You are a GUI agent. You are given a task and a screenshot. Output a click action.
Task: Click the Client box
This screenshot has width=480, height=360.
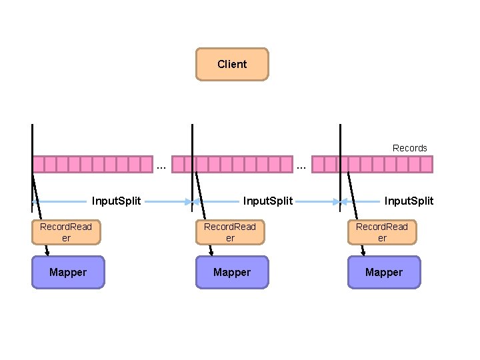pos(232,64)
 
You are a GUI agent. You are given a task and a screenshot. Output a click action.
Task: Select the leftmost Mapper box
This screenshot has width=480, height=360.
pos(68,272)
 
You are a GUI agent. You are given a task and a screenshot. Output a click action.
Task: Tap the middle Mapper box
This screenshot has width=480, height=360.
pos(232,272)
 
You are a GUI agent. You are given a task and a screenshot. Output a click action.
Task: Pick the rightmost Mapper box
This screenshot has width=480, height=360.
pos(384,272)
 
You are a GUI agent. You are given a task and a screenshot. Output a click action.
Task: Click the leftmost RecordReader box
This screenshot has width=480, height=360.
pos(66,232)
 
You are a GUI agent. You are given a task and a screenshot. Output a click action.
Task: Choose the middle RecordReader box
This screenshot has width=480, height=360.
pos(230,232)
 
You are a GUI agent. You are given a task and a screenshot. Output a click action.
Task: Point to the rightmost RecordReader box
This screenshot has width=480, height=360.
pos(382,232)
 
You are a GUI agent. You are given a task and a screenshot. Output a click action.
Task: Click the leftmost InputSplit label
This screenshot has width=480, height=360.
pos(116,201)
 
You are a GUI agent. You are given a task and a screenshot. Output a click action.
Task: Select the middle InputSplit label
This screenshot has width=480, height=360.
pos(268,201)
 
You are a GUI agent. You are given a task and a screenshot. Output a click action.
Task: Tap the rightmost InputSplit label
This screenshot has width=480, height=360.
pos(409,201)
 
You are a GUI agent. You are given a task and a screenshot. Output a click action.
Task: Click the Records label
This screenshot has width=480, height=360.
pos(409,148)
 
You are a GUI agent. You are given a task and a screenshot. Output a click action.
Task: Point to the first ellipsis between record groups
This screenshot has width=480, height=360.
pos(161,165)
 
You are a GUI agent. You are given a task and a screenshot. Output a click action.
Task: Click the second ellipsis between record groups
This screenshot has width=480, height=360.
pos(301,165)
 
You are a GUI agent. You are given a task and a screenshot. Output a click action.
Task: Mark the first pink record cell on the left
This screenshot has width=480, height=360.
pos(39,164)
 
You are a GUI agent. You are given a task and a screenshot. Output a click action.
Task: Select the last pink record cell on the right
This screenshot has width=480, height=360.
pos(427,164)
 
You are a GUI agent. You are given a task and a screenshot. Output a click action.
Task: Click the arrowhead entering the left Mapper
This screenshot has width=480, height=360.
pos(47,253)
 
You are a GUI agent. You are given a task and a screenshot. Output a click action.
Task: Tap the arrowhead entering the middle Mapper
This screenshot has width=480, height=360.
pos(211,253)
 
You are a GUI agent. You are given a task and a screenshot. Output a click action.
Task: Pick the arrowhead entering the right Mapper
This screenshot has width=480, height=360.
pos(363,253)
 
